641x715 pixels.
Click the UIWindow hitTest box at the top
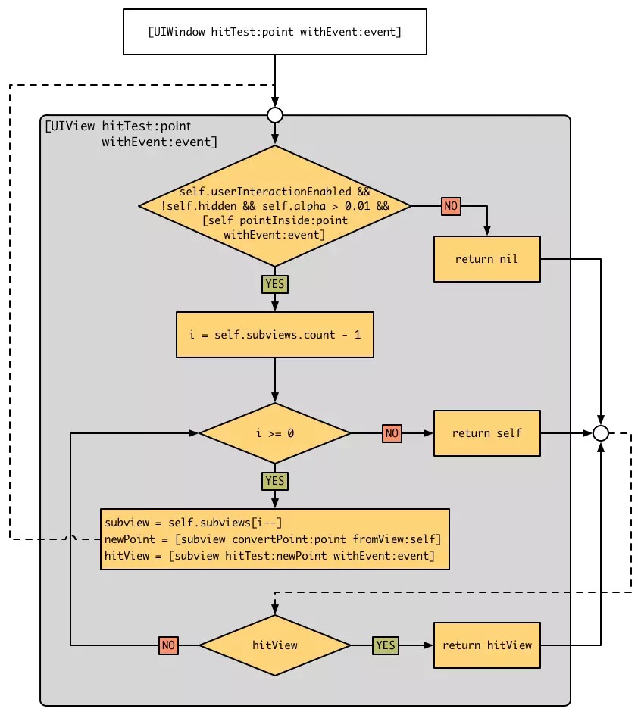(x=274, y=32)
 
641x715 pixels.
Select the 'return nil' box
(x=486, y=259)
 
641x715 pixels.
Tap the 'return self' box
(x=486, y=433)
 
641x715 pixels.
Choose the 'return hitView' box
(x=486, y=645)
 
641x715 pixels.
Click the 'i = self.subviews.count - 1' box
(x=274, y=335)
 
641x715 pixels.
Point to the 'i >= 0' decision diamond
(x=274, y=433)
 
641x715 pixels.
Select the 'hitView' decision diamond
(x=274, y=645)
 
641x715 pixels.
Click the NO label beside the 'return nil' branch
(x=451, y=206)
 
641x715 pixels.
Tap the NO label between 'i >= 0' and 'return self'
(x=392, y=433)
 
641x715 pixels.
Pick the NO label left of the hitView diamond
(x=168, y=645)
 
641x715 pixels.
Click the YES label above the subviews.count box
(x=274, y=284)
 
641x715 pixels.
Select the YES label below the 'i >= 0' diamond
(x=274, y=481)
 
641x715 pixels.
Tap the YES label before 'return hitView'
(x=386, y=645)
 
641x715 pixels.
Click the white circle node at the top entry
(x=274, y=115)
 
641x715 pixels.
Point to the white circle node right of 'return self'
(x=601, y=433)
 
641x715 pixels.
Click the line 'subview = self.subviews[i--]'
(x=193, y=523)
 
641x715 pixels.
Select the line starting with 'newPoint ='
(x=273, y=539)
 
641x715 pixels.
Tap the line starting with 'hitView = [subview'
(x=270, y=556)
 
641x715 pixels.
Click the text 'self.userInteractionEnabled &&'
(x=274, y=192)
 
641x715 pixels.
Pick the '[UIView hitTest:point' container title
(x=118, y=126)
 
